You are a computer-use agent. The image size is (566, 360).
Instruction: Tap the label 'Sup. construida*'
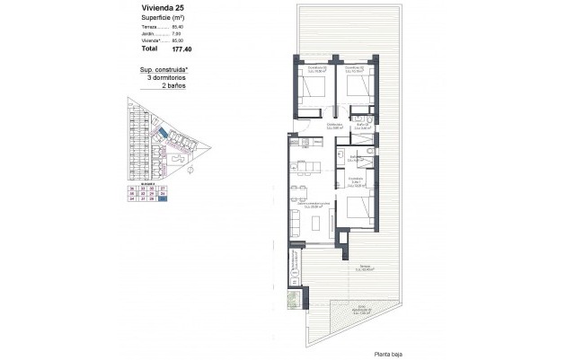pyautogui.click(x=163, y=70)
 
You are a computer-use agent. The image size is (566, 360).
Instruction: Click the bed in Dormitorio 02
pyautogui.click(x=314, y=87)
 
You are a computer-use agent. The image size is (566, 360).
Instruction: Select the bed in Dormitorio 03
pyautogui.click(x=356, y=87)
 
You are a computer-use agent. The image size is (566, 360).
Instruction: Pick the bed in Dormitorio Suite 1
pyautogui.click(x=356, y=207)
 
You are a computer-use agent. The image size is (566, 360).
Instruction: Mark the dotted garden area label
pyautogui.click(x=363, y=310)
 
